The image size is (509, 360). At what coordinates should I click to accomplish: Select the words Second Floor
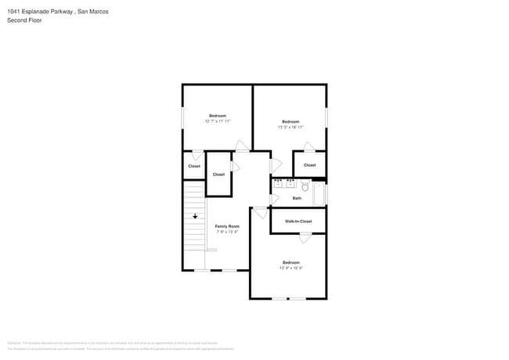(x=24, y=20)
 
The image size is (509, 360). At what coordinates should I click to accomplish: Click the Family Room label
(x=227, y=226)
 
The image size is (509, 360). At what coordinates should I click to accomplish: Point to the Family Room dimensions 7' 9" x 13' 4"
(x=227, y=232)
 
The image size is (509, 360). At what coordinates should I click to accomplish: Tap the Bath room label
(x=297, y=198)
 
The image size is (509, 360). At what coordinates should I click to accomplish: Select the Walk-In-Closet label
(x=298, y=221)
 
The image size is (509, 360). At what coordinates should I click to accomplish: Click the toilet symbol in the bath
(x=305, y=187)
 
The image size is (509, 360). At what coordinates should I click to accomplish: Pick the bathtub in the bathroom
(x=319, y=193)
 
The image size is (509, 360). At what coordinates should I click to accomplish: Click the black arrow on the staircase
(x=195, y=215)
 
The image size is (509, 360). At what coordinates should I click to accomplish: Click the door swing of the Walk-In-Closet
(x=305, y=237)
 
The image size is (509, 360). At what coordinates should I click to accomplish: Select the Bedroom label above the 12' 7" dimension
(x=217, y=116)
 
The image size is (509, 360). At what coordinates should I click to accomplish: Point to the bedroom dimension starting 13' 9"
(x=291, y=268)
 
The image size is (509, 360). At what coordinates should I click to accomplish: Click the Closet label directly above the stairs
(x=193, y=166)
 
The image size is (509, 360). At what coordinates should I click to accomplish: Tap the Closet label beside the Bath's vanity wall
(x=309, y=165)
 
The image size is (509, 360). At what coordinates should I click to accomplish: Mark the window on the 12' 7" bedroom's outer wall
(x=183, y=117)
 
